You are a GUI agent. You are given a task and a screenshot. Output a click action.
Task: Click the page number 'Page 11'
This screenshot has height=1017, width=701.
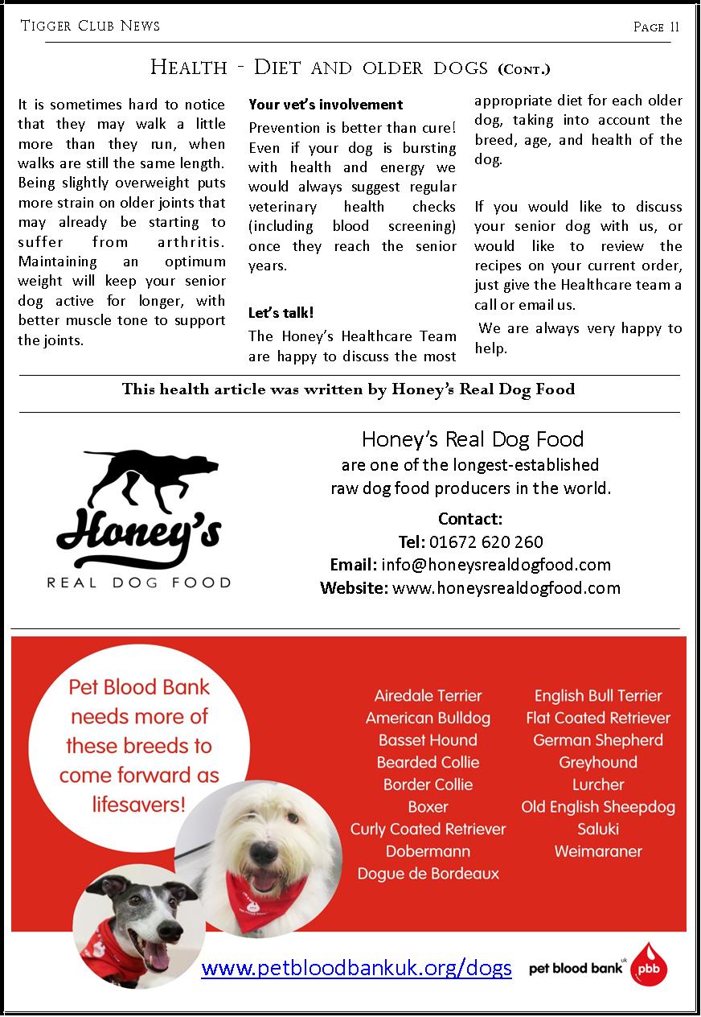pyautogui.click(x=656, y=27)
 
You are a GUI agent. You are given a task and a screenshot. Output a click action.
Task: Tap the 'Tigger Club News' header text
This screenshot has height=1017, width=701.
pyautogui.click(x=90, y=26)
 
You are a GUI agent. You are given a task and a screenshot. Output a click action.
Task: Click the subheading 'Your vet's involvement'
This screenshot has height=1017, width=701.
pyautogui.click(x=326, y=105)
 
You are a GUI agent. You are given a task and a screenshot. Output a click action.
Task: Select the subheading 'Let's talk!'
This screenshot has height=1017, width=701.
pyautogui.click(x=281, y=313)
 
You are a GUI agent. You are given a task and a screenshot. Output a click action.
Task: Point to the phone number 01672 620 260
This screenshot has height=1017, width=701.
pyautogui.click(x=486, y=541)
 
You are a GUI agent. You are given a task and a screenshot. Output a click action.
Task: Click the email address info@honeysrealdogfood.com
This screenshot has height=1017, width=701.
pyautogui.click(x=496, y=565)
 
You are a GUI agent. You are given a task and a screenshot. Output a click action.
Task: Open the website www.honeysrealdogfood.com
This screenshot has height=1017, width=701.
pyautogui.click(x=506, y=588)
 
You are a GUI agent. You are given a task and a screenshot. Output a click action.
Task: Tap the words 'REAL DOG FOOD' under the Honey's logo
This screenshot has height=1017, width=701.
pyautogui.click(x=139, y=583)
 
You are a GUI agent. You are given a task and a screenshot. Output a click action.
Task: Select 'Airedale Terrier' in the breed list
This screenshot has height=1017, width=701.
pyautogui.click(x=428, y=696)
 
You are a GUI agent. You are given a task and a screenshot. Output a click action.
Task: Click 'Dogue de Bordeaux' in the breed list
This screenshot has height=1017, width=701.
pyautogui.click(x=428, y=874)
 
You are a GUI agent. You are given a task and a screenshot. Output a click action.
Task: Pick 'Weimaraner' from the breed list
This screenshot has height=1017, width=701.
pyautogui.click(x=598, y=851)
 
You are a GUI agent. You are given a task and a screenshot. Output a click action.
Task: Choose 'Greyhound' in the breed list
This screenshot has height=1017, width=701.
pyautogui.click(x=598, y=762)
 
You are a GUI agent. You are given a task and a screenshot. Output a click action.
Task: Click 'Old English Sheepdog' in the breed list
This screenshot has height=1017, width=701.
pyautogui.click(x=598, y=807)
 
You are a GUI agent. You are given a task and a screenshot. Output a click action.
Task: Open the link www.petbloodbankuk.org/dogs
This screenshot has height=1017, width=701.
pyautogui.click(x=356, y=967)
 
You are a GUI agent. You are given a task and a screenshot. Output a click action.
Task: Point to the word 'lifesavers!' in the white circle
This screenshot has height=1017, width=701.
pyautogui.click(x=138, y=804)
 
